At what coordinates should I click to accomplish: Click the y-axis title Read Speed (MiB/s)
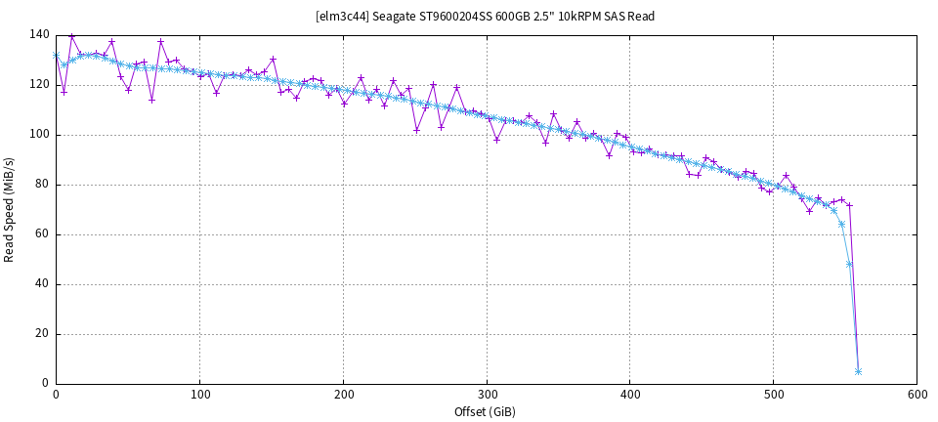point(10,209)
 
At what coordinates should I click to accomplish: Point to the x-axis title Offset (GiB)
point(485,412)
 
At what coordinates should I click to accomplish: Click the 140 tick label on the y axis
point(39,35)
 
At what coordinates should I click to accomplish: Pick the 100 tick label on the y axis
point(39,135)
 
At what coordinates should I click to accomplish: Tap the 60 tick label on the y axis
point(42,234)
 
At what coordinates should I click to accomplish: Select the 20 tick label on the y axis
point(42,334)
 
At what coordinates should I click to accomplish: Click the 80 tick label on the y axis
point(42,185)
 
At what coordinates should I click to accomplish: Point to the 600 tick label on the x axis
point(917,396)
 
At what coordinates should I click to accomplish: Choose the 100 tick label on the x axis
point(199,396)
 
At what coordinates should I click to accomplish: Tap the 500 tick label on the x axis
point(773,396)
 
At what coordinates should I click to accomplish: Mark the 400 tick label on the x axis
point(629,396)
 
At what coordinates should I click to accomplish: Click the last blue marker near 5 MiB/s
point(858,371)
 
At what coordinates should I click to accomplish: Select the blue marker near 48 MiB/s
point(849,264)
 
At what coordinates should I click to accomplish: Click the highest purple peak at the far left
point(71,36)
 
